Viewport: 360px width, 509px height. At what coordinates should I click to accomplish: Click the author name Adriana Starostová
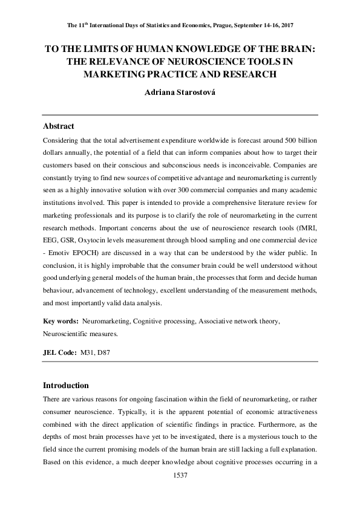tap(180, 94)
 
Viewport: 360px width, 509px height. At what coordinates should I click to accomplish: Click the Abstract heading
tap(59, 126)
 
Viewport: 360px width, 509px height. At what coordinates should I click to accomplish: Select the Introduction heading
tap(66, 385)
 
